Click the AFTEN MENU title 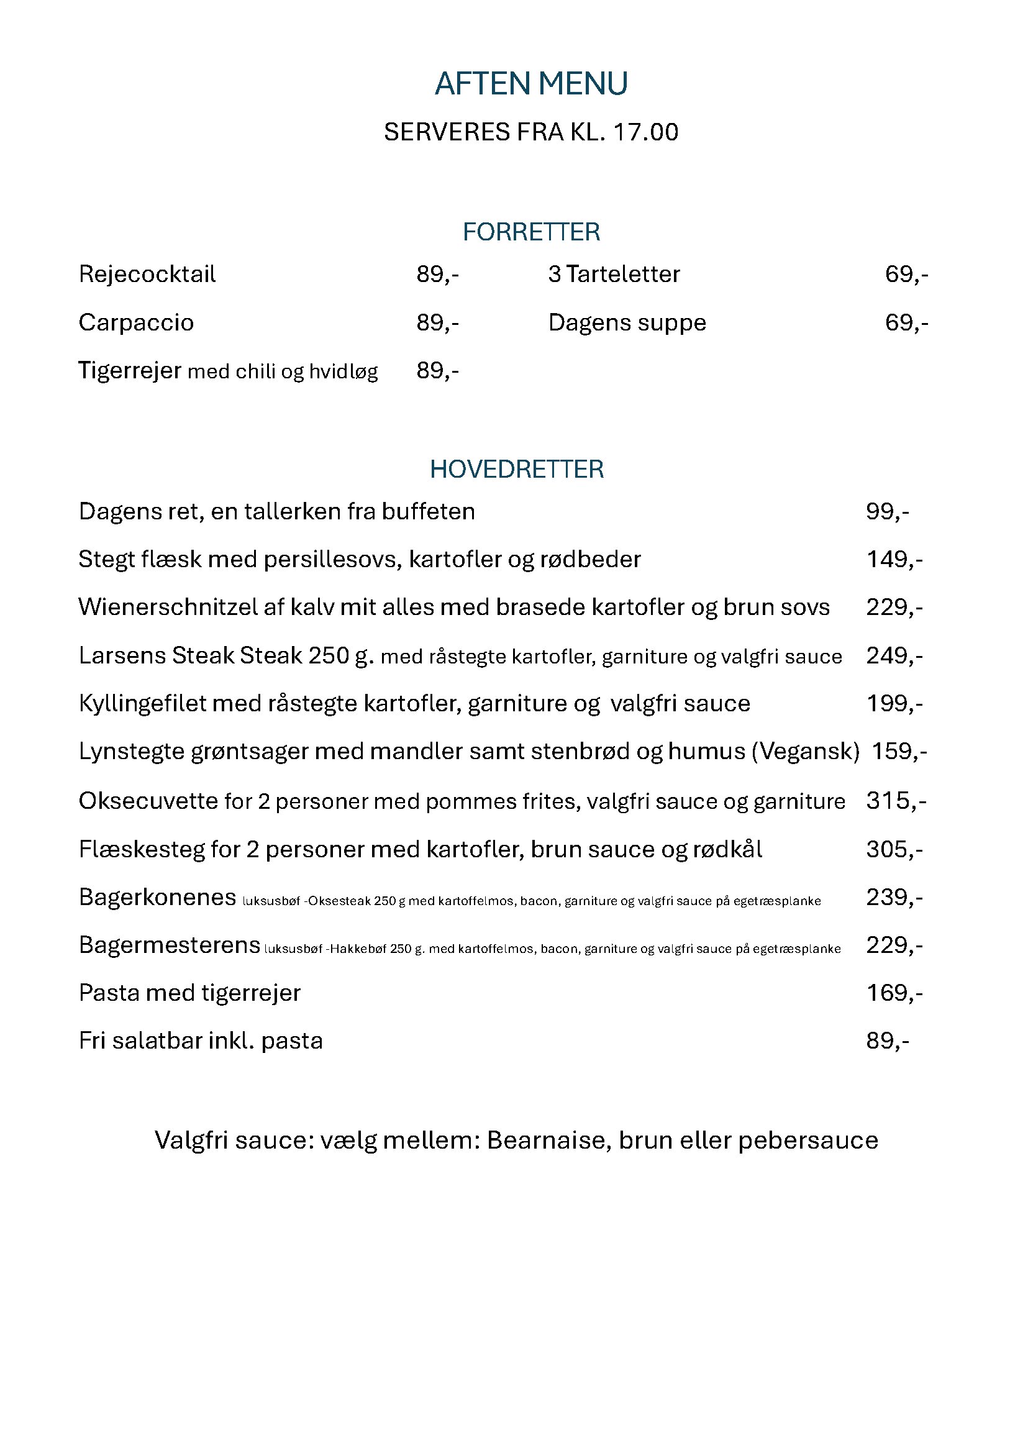(530, 84)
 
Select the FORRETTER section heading (530, 232)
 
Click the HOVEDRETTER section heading (517, 469)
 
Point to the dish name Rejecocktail (147, 274)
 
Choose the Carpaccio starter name (136, 323)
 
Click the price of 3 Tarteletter (906, 274)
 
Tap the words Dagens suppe (627, 323)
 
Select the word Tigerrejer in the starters (130, 370)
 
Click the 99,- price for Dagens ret (887, 511)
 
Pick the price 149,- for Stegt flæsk (894, 559)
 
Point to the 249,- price (894, 655)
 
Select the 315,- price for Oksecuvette (896, 801)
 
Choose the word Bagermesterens (169, 945)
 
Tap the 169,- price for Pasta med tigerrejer (894, 993)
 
